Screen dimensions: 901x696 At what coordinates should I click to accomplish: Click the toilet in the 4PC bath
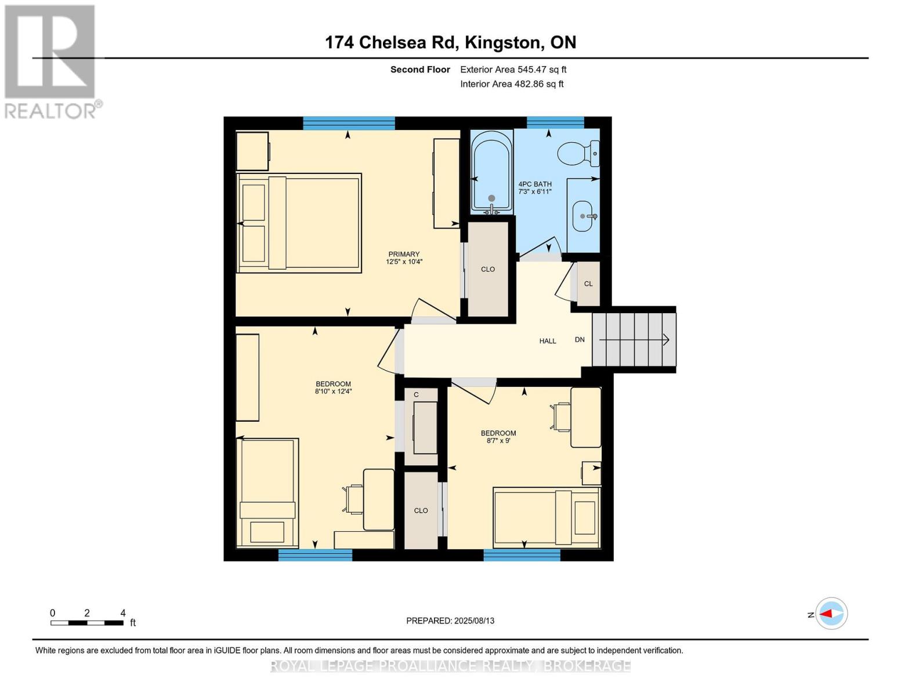[x=578, y=153]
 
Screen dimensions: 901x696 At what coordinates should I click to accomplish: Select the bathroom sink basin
[x=583, y=216]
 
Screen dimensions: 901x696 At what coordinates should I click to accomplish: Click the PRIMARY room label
[x=403, y=254]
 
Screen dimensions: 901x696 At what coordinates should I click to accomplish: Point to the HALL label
[x=547, y=340]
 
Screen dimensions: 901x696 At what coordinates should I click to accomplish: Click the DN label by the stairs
[x=580, y=339]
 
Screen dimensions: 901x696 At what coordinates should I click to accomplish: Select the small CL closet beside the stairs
[x=588, y=284]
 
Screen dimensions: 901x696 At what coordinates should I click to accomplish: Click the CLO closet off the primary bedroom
[x=488, y=270]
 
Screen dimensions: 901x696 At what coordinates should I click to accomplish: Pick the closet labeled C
[x=421, y=426]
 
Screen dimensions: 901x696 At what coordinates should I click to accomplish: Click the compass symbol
[x=831, y=614]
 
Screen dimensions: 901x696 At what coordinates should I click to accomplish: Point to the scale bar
[x=87, y=622]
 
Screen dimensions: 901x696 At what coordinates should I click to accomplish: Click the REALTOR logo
[x=50, y=62]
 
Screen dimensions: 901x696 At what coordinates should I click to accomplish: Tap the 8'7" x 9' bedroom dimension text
[x=498, y=441]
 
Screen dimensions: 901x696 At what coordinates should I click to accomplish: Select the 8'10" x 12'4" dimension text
[x=333, y=391]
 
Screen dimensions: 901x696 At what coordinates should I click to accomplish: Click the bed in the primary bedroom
[x=299, y=223]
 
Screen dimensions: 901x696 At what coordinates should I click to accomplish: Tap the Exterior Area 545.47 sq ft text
[x=513, y=70]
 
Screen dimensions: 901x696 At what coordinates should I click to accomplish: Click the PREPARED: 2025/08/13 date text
[x=450, y=621]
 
